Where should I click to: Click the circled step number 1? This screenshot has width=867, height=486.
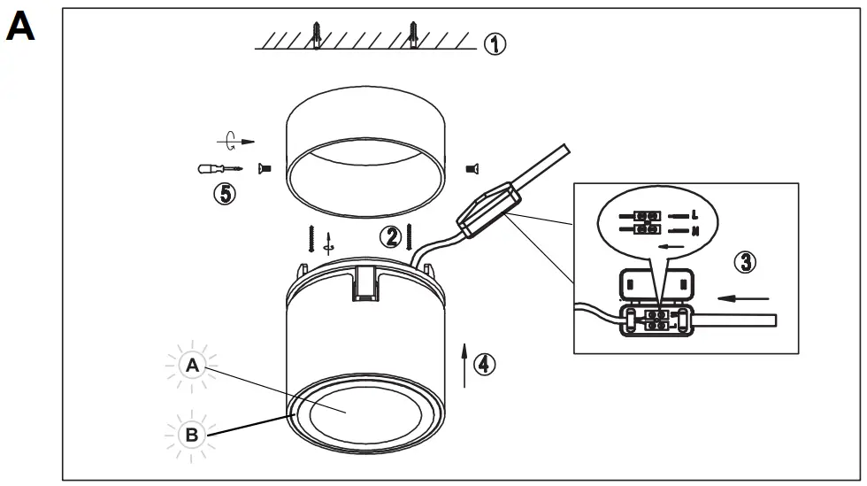(495, 43)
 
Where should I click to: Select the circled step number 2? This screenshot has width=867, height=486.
(390, 236)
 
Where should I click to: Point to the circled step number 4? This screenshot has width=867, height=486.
(485, 363)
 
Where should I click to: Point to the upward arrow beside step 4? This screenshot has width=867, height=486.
(464, 362)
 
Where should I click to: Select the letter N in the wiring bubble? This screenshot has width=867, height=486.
(695, 230)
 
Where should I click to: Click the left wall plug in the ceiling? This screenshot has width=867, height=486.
(317, 36)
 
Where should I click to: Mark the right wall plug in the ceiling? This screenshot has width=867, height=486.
(413, 36)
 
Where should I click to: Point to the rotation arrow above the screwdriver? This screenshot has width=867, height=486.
(233, 140)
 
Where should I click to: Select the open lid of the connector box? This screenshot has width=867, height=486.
(656, 283)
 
